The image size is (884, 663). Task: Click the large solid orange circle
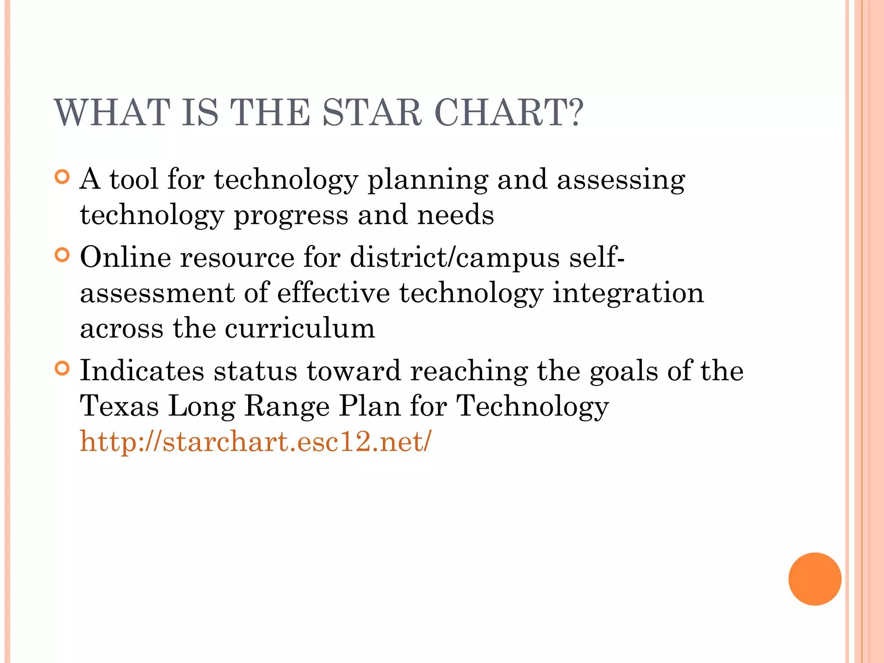pyautogui.click(x=815, y=579)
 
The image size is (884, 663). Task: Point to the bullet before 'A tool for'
pyautogui.click(x=63, y=177)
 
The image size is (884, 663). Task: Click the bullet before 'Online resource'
pyautogui.click(x=63, y=255)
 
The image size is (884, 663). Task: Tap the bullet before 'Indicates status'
pyautogui.click(x=63, y=368)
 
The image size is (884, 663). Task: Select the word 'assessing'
pyautogui.click(x=621, y=180)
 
